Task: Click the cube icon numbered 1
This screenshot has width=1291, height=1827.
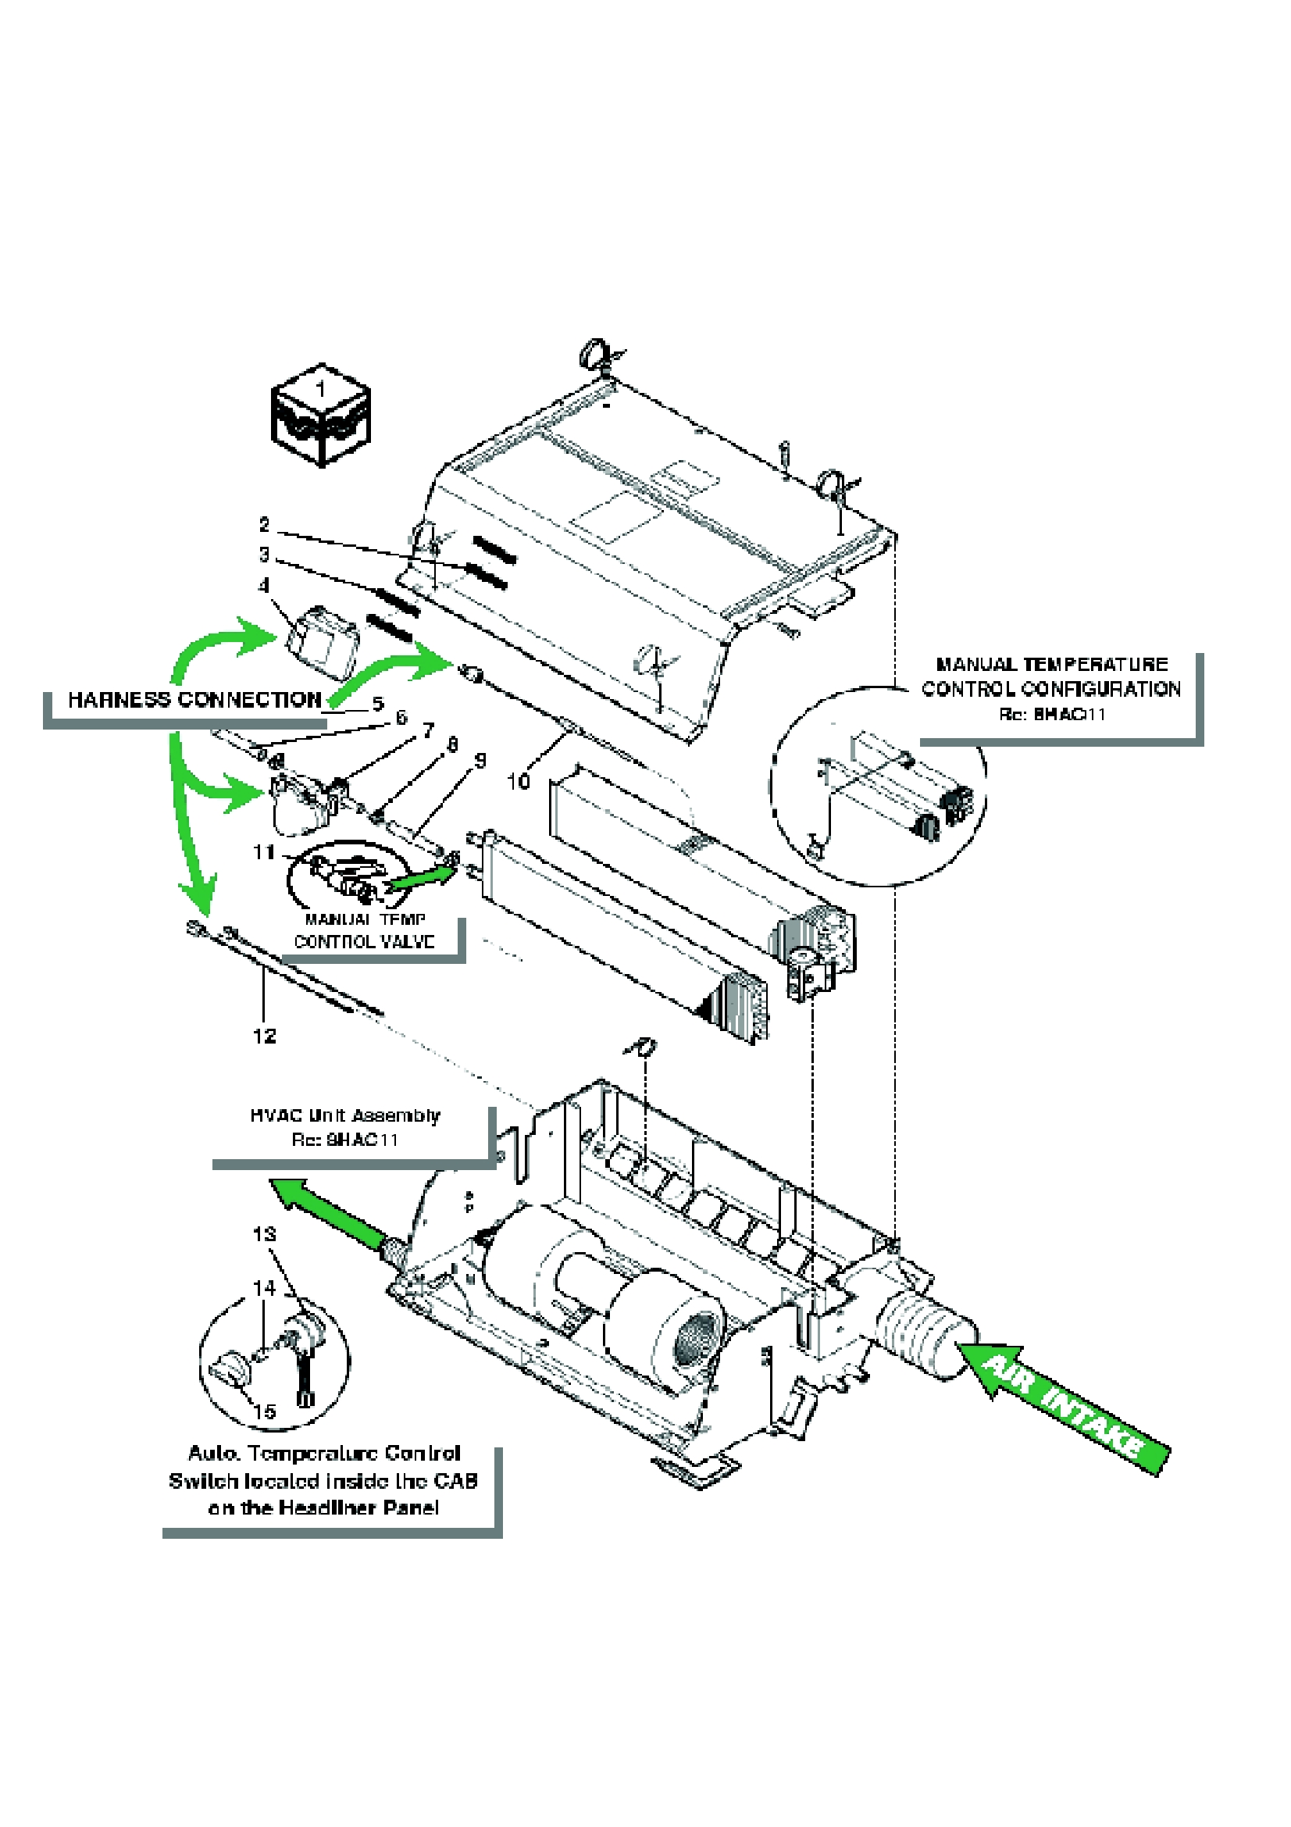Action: [x=320, y=415]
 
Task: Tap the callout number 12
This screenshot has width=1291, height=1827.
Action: [x=264, y=1035]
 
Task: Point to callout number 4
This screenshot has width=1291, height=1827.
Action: [x=264, y=586]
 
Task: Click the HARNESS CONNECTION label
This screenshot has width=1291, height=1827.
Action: [x=194, y=699]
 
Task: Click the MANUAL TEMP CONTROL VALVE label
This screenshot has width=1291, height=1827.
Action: [x=364, y=930]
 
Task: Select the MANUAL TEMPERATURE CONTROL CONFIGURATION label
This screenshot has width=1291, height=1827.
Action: [x=1050, y=676]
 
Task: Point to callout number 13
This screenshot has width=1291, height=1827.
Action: [x=264, y=1234]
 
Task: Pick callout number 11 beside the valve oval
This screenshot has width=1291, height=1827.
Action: [x=263, y=852]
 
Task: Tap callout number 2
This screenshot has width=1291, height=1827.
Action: [x=264, y=524]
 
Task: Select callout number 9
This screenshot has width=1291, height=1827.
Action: [x=480, y=761]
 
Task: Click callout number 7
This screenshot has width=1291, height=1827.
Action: [x=429, y=730]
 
